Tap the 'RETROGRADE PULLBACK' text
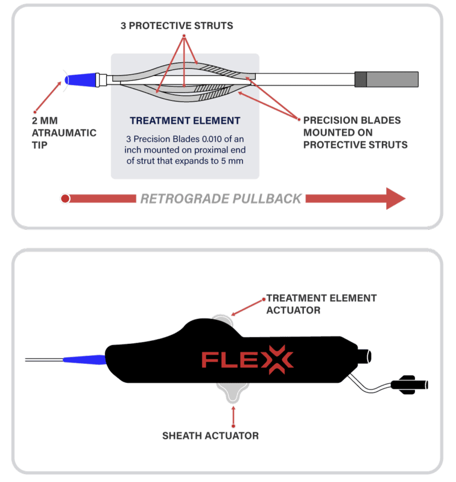[222, 199]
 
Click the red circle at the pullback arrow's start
[65, 199]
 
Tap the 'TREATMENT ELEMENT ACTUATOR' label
[321, 304]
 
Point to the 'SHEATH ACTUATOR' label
[210, 436]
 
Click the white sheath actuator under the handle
[233, 392]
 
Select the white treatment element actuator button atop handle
[222, 320]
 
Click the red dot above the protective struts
[184, 36]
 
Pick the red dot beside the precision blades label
[298, 119]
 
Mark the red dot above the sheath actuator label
[233, 424]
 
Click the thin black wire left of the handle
[43, 360]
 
